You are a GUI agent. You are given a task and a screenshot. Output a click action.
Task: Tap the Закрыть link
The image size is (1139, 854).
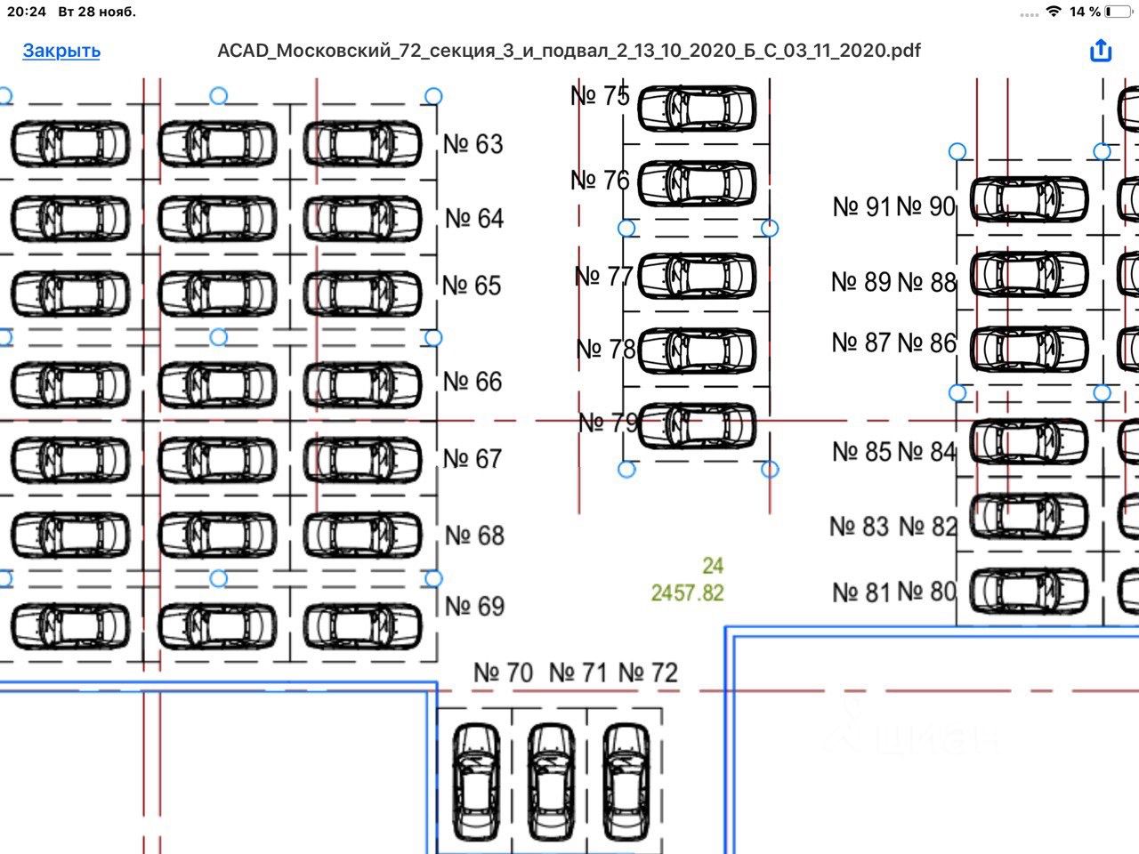61,51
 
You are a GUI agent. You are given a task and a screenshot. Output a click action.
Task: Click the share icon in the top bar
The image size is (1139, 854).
1101,51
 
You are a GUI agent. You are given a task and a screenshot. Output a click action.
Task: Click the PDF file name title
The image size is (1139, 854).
569,51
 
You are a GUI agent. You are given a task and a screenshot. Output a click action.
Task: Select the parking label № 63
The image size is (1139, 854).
473,144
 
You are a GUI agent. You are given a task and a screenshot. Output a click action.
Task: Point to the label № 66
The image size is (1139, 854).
473,382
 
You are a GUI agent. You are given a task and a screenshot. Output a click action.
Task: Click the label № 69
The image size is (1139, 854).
474,607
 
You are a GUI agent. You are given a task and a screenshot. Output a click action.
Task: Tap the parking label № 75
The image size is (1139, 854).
600,96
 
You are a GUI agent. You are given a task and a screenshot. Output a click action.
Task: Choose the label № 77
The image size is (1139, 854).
603,277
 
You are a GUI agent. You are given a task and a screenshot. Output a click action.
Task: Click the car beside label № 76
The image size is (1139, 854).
698,182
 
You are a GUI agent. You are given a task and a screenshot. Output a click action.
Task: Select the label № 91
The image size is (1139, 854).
861,207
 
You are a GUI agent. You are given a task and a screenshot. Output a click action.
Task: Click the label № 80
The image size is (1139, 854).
926,592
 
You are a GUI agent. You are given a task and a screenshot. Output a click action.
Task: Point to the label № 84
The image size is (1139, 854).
926,452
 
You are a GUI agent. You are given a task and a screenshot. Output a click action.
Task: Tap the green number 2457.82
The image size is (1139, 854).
688,593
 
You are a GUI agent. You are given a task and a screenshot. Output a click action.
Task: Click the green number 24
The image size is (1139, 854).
713,566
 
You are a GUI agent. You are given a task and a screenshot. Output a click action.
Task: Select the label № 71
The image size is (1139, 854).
578,673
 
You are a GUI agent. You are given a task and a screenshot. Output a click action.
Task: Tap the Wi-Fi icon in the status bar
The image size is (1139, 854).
1054,12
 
